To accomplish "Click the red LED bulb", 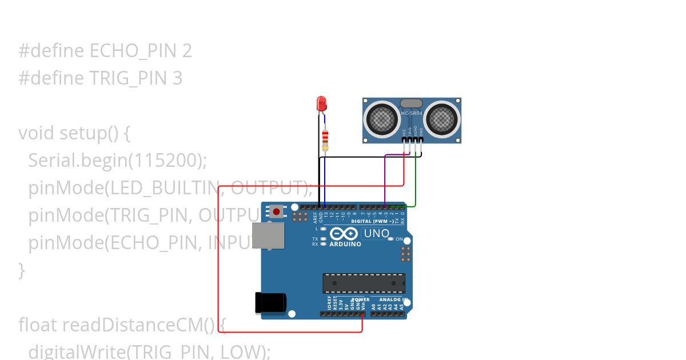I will (x=321, y=103).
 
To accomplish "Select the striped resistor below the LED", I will (x=325, y=140).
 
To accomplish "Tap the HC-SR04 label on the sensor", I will (x=412, y=113).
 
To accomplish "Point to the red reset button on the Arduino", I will (x=277, y=211).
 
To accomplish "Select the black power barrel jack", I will (x=269, y=302).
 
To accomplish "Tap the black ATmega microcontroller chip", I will (x=364, y=283).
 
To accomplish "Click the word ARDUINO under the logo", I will (x=345, y=244).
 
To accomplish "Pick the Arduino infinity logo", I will (x=344, y=233).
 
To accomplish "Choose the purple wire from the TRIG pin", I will (x=385, y=177).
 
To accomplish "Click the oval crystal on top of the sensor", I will (x=411, y=103).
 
